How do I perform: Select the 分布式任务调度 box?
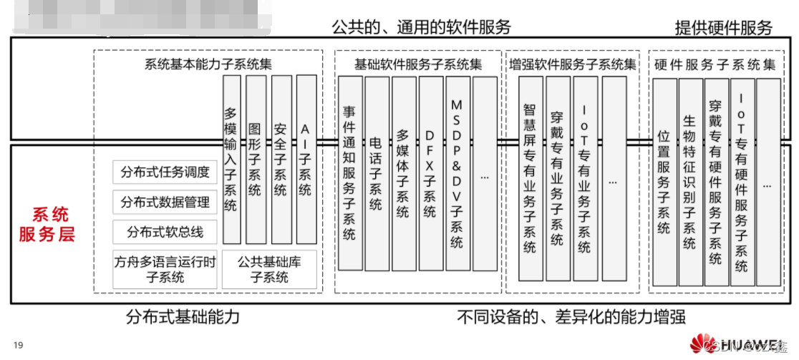165,172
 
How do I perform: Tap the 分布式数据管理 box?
165,203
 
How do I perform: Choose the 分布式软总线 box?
165,233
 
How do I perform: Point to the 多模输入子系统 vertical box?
231,159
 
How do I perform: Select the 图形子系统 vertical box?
255,159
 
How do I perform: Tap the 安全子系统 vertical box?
280,159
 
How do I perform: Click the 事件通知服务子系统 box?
349,172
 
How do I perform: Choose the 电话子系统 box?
376,172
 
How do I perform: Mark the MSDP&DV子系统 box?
457,172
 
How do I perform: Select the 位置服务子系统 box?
664,182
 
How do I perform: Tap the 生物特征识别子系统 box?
689,182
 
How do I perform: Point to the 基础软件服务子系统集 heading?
418,64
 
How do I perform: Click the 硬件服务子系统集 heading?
715,64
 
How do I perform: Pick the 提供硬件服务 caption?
723,28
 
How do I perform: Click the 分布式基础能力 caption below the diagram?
183,316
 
